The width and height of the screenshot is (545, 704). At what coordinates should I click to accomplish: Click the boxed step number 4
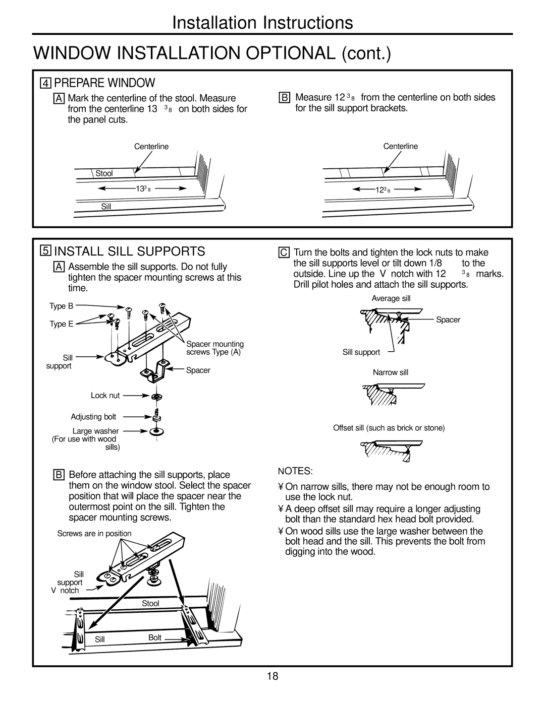point(45,83)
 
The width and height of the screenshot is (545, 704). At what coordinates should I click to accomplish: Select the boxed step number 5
point(45,251)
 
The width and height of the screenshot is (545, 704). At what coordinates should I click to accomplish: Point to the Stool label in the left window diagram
point(104,173)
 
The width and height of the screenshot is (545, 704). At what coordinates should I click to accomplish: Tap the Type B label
point(61,306)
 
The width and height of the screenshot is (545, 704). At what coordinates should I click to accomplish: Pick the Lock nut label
point(105,396)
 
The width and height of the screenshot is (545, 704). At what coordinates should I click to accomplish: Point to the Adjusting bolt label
point(93,417)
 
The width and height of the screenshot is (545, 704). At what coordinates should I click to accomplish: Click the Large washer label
point(95,431)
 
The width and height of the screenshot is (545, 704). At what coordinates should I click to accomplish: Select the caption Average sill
point(391,298)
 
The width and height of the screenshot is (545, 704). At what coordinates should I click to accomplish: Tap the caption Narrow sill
point(390,372)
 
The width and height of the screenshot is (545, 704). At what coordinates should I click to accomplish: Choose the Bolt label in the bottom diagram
point(154,637)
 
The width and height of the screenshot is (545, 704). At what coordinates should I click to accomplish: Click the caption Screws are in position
point(94,533)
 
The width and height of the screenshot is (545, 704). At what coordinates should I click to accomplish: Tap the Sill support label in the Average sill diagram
point(361,352)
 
